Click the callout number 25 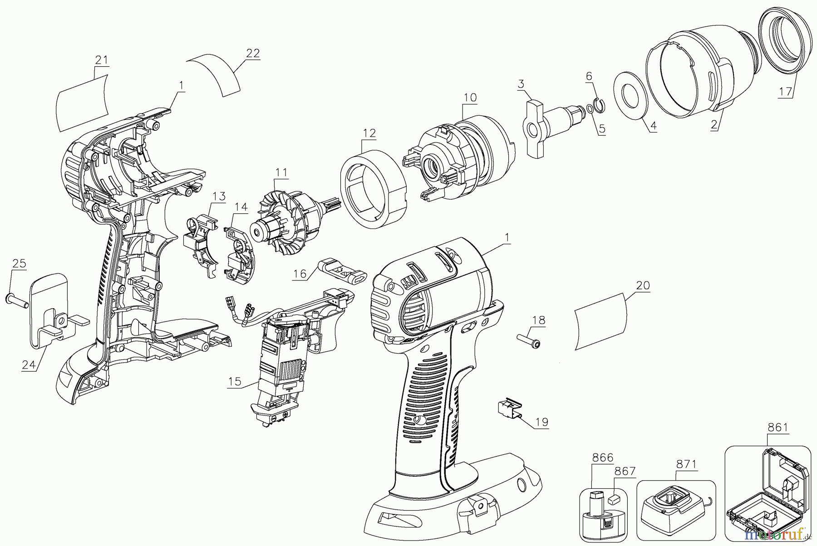(x=19, y=264)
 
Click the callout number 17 (x=786, y=92)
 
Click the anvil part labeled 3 (x=551, y=126)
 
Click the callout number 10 (x=470, y=98)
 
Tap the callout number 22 (x=253, y=54)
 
